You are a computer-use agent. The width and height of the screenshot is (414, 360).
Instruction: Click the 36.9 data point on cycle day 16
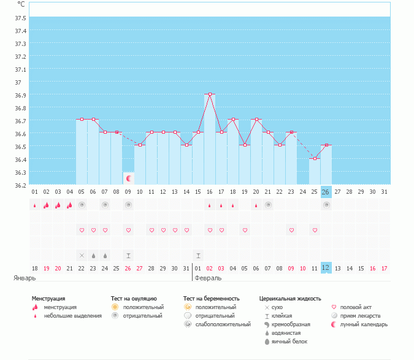pyautogui.click(x=210, y=94)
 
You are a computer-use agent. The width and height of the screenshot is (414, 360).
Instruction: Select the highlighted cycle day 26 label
pyautogui.click(x=326, y=192)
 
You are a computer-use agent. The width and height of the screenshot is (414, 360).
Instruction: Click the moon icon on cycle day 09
pyautogui.click(x=129, y=178)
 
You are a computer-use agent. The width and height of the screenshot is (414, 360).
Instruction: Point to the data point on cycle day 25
pyautogui.click(x=315, y=158)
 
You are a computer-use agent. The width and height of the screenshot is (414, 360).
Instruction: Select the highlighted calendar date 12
pyautogui.click(x=326, y=268)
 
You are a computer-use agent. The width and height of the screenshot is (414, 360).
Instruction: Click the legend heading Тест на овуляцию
pyautogui.click(x=134, y=298)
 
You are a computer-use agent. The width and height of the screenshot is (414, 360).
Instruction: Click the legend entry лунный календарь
pyautogui.click(x=364, y=324)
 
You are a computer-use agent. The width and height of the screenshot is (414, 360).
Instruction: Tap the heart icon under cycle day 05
pyautogui.click(x=82, y=230)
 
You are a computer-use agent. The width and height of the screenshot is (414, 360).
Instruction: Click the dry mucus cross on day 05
pyautogui.click(x=82, y=255)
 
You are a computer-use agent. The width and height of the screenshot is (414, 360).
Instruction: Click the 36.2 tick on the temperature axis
pyautogui.click(x=20, y=185)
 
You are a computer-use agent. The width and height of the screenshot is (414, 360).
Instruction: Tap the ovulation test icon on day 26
pyautogui.click(x=326, y=205)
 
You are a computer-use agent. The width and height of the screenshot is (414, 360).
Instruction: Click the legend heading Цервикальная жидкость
pyautogui.click(x=290, y=298)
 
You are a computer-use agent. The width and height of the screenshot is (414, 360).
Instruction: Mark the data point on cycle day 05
pyautogui.click(x=82, y=119)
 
